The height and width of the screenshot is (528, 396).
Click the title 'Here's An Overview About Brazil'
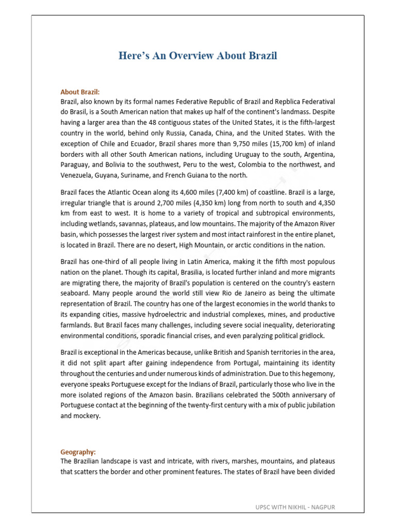tap(198, 56)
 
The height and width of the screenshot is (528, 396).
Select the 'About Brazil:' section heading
tap(80, 92)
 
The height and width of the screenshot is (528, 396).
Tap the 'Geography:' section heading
tap(78, 452)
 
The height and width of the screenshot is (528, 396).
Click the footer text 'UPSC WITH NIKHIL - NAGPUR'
tap(295, 507)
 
